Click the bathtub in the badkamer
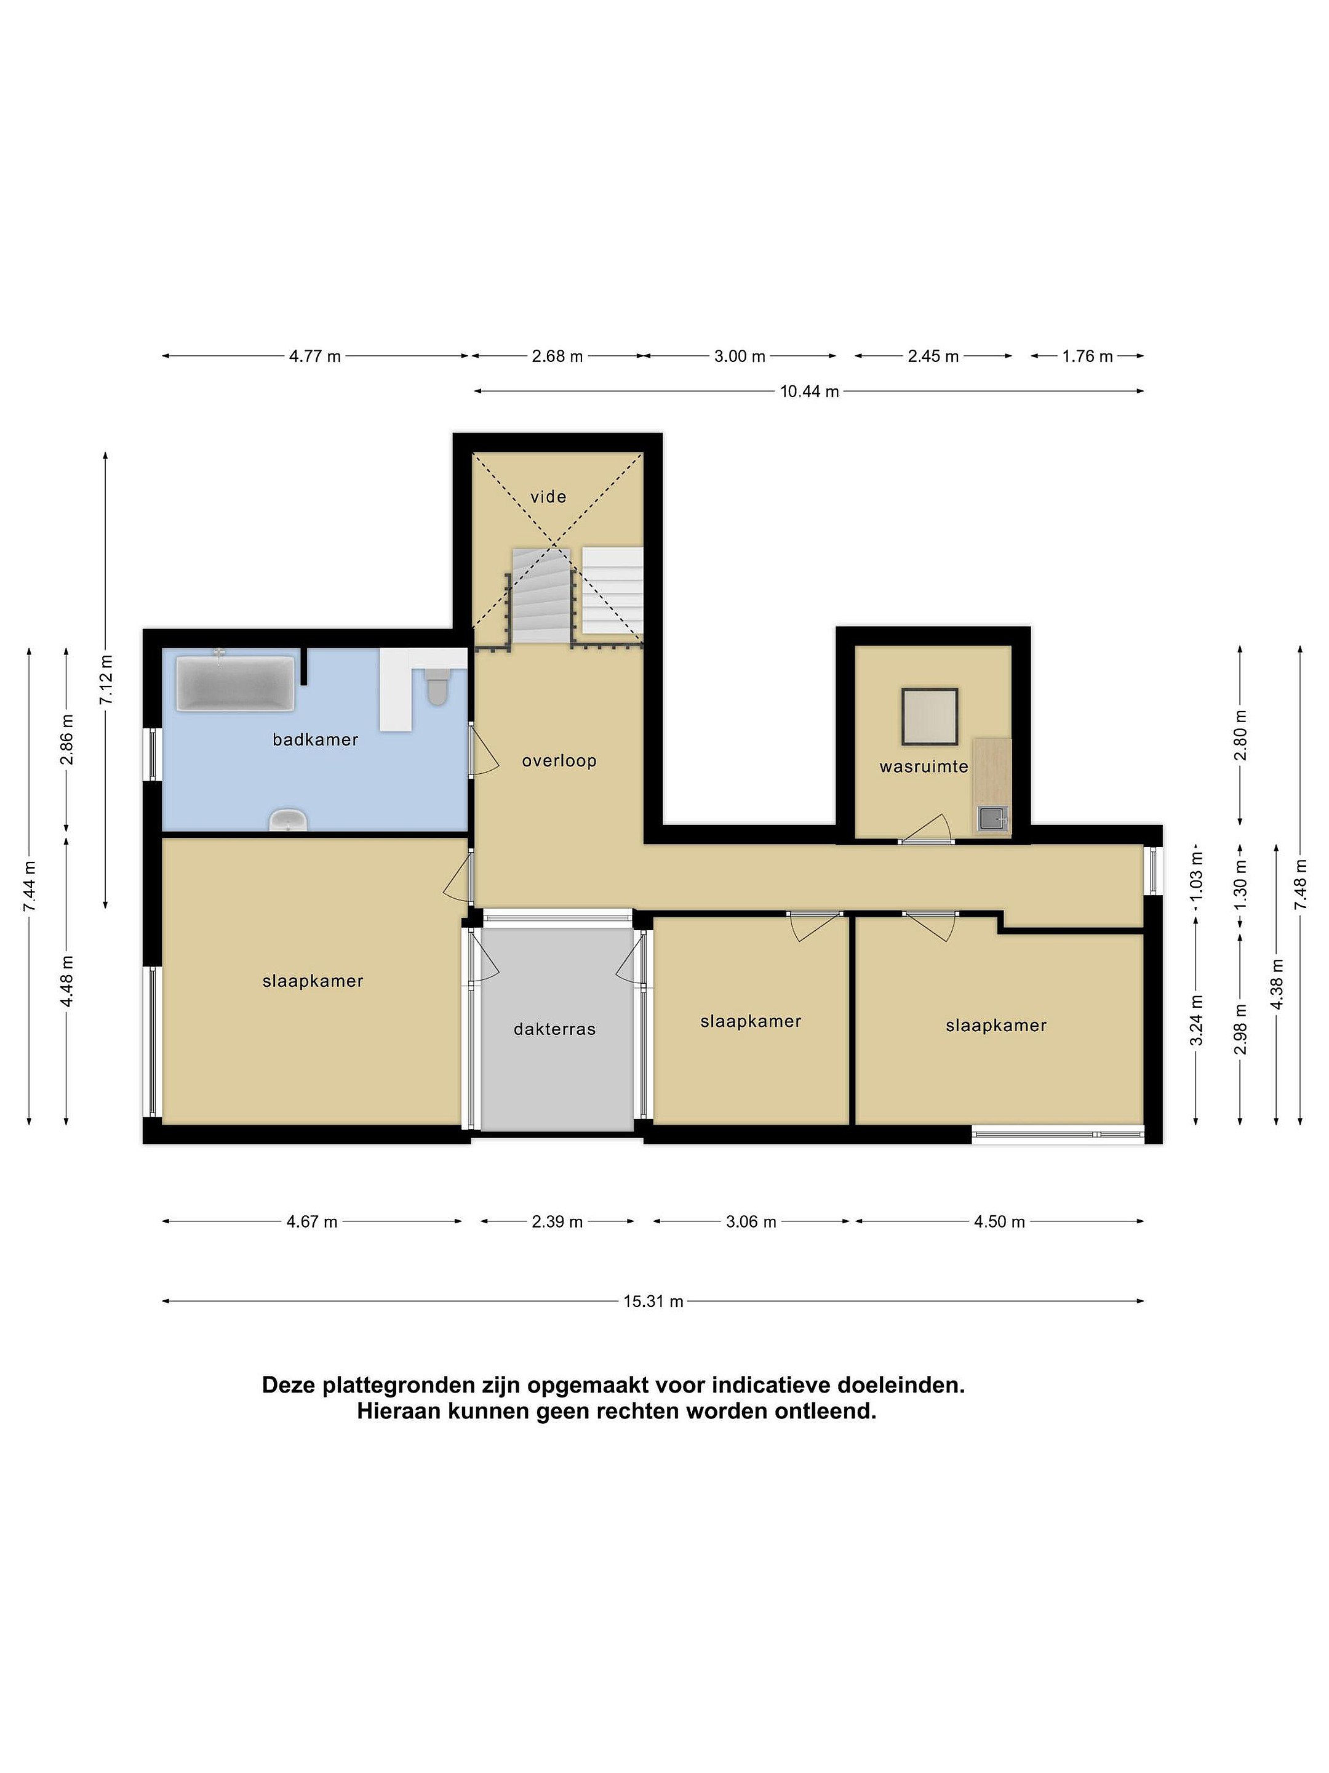[234, 683]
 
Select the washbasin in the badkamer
[287, 821]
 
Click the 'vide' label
[548, 497]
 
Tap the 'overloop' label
[559, 761]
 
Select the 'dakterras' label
[554, 1029]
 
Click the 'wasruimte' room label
[924, 766]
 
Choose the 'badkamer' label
[315, 740]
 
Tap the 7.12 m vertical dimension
[106, 680]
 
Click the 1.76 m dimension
[1087, 356]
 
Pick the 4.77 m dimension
[315, 356]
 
